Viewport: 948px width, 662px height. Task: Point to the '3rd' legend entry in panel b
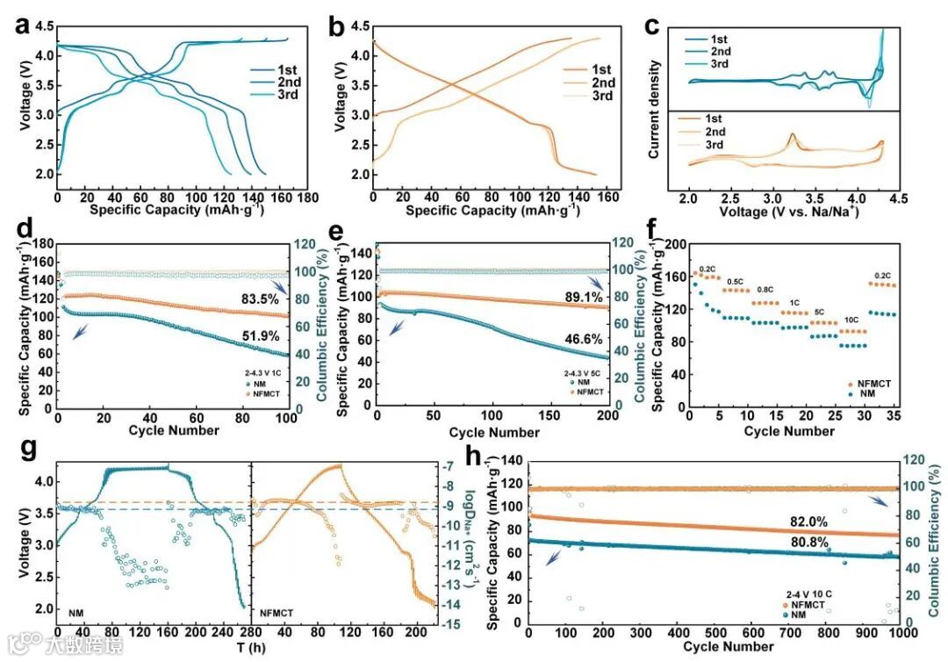pos(601,96)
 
